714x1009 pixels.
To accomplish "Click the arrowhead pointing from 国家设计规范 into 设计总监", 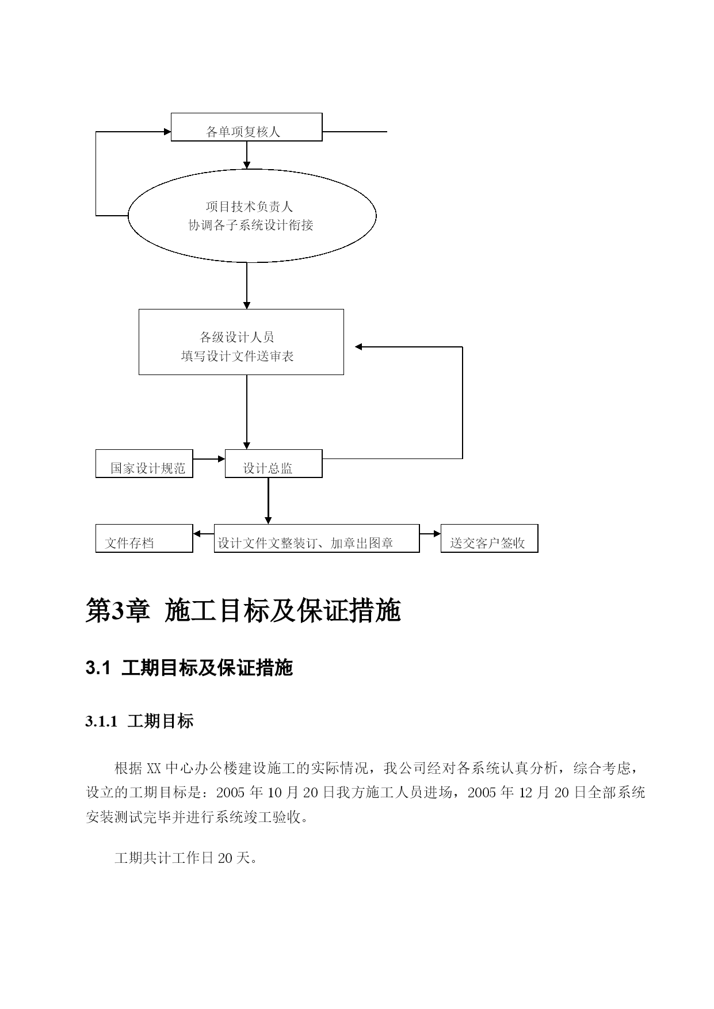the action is tap(221, 458).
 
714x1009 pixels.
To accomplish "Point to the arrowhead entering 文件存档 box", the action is tap(197, 533).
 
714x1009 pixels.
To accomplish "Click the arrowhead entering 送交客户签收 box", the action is tap(437, 533).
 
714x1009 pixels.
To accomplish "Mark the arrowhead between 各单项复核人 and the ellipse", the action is tap(247, 165).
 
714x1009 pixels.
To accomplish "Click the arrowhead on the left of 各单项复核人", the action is tap(167, 132).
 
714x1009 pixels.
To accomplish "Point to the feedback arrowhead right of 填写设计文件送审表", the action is tap(358, 347).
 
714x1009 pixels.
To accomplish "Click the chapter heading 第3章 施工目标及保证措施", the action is tap(243, 610).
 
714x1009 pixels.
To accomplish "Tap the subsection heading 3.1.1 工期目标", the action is tap(139, 721).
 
